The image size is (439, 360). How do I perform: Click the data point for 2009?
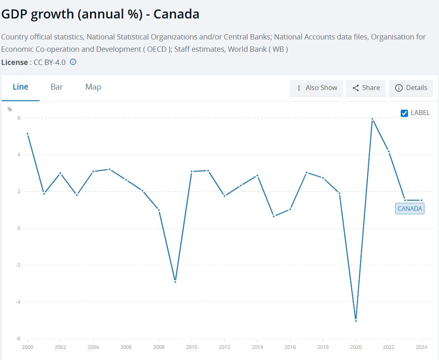click(175, 282)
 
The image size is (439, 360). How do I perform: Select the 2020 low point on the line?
click(356, 321)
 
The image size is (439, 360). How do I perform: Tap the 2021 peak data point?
click(372, 119)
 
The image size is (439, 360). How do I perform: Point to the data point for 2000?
click(28, 134)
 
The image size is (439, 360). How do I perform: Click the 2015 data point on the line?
click(274, 216)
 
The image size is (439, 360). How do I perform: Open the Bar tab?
click(57, 87)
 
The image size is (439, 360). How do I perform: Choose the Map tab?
click(93, 87)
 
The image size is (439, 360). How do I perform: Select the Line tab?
click(21, 87)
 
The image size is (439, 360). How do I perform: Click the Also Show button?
click(317, 88)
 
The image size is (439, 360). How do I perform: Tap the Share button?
click(366, 88)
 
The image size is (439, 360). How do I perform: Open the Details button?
click(411, 88)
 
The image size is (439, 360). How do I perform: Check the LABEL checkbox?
click(404, 113)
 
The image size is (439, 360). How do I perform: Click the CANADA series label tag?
click(410, 209)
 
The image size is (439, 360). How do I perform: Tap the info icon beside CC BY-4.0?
click(73, 62)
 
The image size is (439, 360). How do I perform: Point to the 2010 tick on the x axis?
click(192, 347)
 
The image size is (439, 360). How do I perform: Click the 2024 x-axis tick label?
click(421, 347)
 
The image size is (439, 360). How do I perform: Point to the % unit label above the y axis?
click(10, 109)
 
